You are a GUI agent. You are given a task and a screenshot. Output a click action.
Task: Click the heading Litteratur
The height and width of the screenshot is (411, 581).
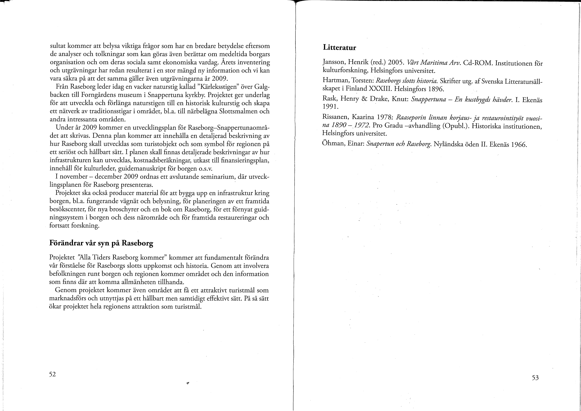coord(339,48)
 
